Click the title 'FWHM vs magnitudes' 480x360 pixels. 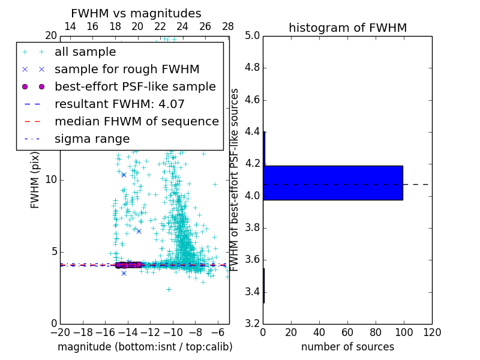pyautogui.click(x=136, y=13)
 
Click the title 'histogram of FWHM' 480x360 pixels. pyautogui.click(x=347, y=28)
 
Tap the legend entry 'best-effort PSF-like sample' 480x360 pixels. pyautogui.click(x=135, y=86)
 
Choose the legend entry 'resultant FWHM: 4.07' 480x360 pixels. pyautogui.click(x=119, y=104)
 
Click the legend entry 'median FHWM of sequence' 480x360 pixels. pyautogui.click(x=136, y=121)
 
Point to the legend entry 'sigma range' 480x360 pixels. pyautogui.click(x=92, y=139)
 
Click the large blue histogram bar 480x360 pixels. pyautogui.click(x=333, y=182)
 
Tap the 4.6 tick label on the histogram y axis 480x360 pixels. pyautogui.click(x=252, y=100)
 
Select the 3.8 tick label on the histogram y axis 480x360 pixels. pyautogui.click(x=252, y=228)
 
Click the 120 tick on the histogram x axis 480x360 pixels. pyautogui.click(x=432, y=332)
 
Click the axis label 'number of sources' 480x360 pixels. pyautogui.click(x=347, y=347)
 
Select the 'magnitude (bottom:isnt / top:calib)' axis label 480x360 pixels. pyautogui.click(x=145, y=347)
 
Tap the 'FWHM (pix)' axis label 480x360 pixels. pyautogui.click(x=35, y=179)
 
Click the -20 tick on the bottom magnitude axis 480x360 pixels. pyautogui.click(x=60, y=332)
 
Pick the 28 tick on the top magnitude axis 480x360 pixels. pyautogui.click(x=228, y=26)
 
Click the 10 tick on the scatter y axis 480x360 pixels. pyautogui.click(x=51, y=180)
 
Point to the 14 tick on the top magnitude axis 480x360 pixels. pyautogui.click(x=70, y=26)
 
